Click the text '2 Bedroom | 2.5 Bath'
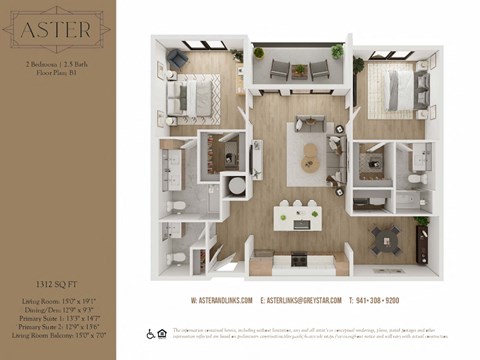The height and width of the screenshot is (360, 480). pos(57,63)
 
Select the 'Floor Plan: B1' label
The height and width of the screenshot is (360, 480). pos(57,73)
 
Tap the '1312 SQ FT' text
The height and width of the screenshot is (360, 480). pos(57,284)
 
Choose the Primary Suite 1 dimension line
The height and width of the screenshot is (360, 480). pos(57,319)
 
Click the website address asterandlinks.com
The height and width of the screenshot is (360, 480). pos(222,301)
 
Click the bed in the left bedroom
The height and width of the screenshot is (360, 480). pos(194,97)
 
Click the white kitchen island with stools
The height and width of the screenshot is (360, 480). pos(296,218)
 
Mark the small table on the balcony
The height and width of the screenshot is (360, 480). pos(300,70)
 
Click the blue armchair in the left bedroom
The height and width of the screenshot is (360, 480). pos(177,61)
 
